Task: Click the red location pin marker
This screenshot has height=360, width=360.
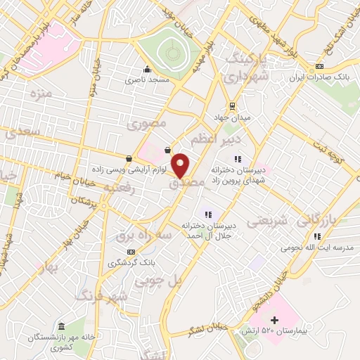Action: [x=181, y=165]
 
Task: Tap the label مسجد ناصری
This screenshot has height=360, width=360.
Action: [x=148, y=81]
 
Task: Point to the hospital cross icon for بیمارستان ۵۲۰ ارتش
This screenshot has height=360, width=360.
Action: [x=274, y=320]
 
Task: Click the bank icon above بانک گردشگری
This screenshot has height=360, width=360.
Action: [x=130, y=252]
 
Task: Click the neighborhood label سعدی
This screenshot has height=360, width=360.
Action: [x=20, y=131]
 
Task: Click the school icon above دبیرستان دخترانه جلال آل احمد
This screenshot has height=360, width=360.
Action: [x=207, y=214]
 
